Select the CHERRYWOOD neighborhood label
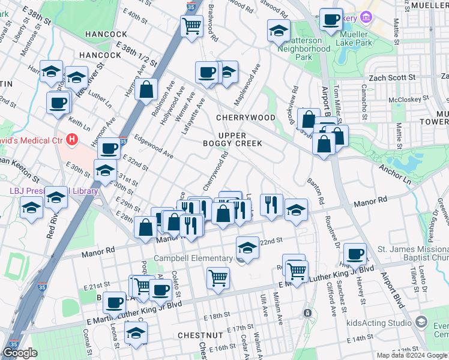tap(246, 118)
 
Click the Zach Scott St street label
tap(392, 77)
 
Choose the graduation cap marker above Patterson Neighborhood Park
tap(279, 30)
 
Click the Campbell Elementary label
tap(193, 259)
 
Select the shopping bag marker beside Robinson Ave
tap(146, 90)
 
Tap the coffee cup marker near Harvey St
tap(355, 254)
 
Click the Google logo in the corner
tap(20, 353)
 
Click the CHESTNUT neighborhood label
tap(200, 334)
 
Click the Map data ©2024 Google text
tap(412, 355)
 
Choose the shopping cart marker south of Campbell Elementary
tap(218, 277)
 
